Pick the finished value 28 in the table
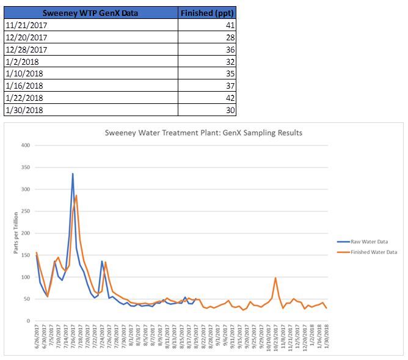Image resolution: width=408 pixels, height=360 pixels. (x=229, y=37)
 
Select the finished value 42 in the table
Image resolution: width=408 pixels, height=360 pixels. (x=229, y=98)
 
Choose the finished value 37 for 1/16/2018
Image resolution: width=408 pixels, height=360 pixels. (x=229, y=86)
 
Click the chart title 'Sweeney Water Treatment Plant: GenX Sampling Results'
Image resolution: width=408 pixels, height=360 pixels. (x=203, y=133)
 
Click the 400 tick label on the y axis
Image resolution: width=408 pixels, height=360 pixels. (x=25, y=145)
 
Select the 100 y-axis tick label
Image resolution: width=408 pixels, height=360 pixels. (x=25, y=277)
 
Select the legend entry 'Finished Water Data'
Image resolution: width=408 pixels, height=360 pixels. (x=373, y=252)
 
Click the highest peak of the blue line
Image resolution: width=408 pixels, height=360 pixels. (x=73, y=174)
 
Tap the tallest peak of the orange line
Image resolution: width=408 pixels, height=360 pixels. (x=76, y=196)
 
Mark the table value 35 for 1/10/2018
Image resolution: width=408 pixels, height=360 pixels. (x=229, y=73)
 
